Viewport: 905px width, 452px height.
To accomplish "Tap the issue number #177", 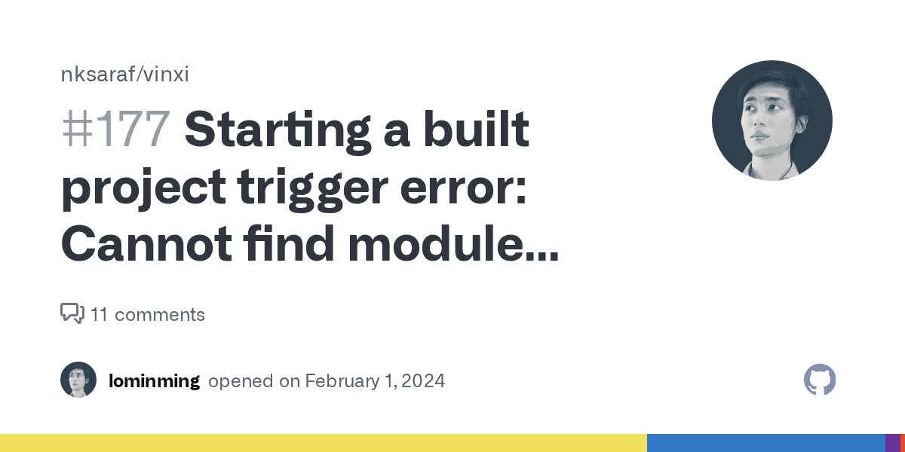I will pyautogui.click(x=115, y=130).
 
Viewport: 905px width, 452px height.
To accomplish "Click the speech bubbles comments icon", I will pyautogui.click(x=72, y=313).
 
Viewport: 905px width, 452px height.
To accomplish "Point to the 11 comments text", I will pyautogui.click(x=148, y=314).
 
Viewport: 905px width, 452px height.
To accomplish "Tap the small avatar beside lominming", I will pyautogui.click(x=78, y=380).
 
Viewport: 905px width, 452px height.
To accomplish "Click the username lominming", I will pyautogui.click(x=154, y=381).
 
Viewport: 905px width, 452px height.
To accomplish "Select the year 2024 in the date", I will pyautogui.click(x=423, y=381).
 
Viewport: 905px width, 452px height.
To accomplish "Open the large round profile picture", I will pyautogui.click(x=772, y=121).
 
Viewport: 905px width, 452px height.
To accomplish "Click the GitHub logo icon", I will pyautogui.click(x=820, y=380).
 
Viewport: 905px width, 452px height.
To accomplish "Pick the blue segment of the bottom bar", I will pyautogui.click(x=765, y=443).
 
